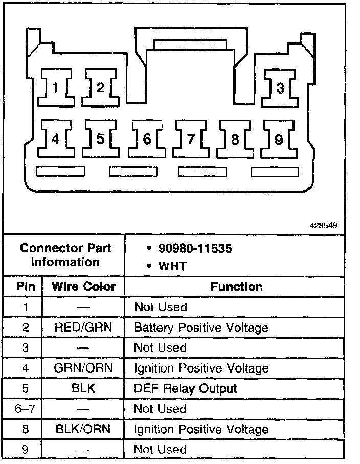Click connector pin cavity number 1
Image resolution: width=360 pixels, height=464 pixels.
pos(55,88)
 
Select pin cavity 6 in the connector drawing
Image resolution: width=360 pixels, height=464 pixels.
pos(146,138)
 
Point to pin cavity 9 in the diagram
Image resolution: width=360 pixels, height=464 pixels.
pos(279,138)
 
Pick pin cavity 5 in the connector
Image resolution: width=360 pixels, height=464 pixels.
pos(100,138)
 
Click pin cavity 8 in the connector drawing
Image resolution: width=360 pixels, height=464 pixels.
pos(235,138)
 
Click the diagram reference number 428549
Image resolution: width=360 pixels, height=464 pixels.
pos(323,225)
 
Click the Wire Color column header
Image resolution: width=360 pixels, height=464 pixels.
pos(84,287)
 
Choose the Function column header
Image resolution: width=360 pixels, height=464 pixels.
pos(236,287)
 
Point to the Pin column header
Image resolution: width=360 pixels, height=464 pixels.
pos(26,287)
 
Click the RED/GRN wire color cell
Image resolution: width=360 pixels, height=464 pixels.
pos(83,328)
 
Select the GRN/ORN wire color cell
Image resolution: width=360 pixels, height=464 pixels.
pos(83,368)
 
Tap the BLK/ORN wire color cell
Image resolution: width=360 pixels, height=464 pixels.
pos(83,429)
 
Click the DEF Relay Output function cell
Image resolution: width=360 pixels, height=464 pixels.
pos(185,389)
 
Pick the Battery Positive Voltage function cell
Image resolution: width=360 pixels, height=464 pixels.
pos(201,328)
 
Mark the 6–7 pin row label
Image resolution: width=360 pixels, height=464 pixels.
pos(26,409)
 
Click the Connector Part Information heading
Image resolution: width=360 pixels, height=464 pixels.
pos(65,256)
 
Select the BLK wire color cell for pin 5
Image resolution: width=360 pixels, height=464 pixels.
pos(83,389)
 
